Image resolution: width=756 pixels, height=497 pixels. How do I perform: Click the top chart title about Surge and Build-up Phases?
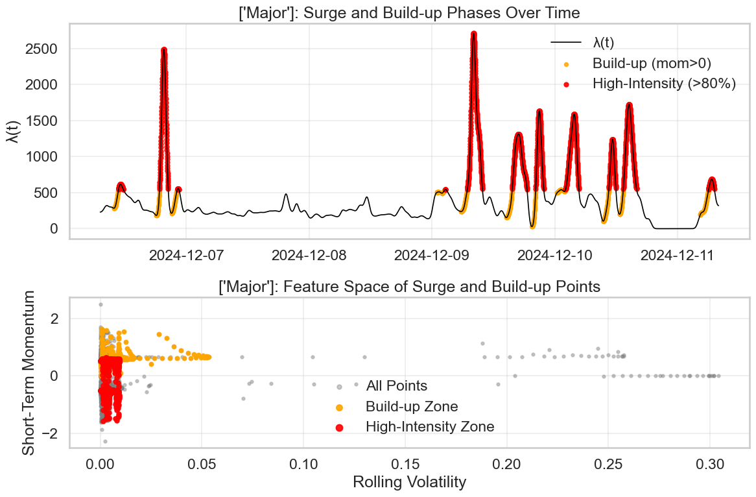click(409, 12)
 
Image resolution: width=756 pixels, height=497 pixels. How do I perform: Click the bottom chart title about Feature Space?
click(409, 286)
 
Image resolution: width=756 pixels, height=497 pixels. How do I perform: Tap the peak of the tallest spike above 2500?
click(474, 33)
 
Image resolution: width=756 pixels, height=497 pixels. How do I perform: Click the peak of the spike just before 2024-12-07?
click(163, 49)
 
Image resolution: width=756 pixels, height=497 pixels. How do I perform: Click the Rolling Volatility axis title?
click(409, 482)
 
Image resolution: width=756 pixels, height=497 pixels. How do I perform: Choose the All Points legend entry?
click(396, 386)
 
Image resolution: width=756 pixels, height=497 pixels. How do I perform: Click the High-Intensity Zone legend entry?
click(429, 427)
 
